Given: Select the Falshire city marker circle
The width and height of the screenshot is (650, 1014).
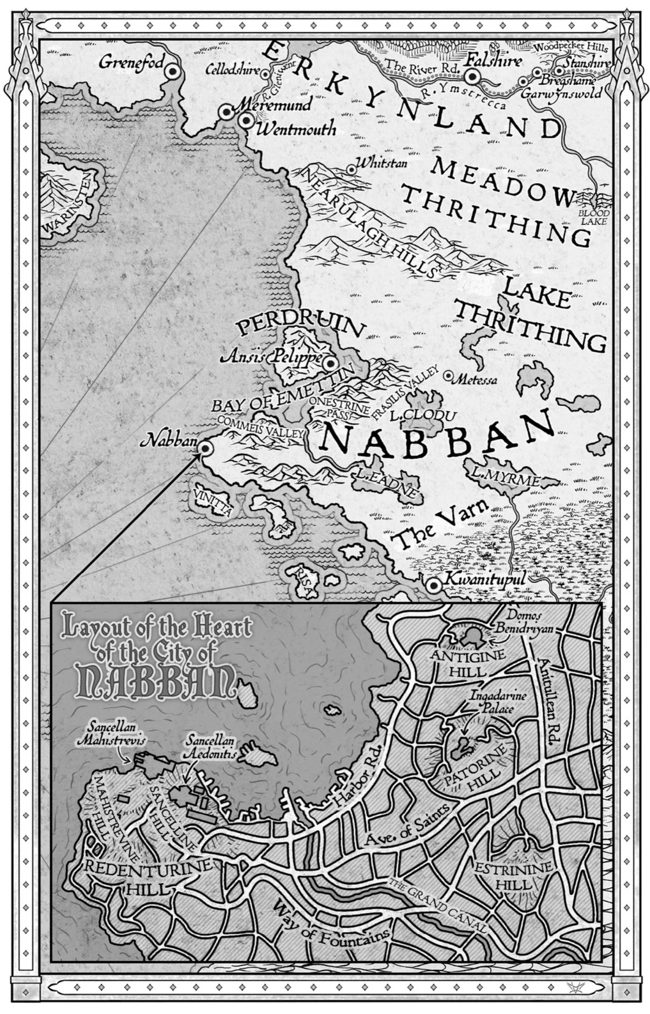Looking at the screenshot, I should pyautogui.click(x=472, y=77).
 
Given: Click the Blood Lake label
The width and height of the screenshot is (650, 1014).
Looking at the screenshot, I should pyautogui.click(x=594, y=216).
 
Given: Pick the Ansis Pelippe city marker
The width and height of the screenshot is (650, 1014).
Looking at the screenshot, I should pyautogui.click(x=331, y=364).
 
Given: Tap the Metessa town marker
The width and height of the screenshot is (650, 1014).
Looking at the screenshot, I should pyautogui.click(x=448, y=375).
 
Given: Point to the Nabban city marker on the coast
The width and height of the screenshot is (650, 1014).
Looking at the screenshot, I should pyautogui.click(x=205, y=448).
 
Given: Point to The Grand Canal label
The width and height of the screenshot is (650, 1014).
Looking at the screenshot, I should pyautogui.click(x=437, y=905).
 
